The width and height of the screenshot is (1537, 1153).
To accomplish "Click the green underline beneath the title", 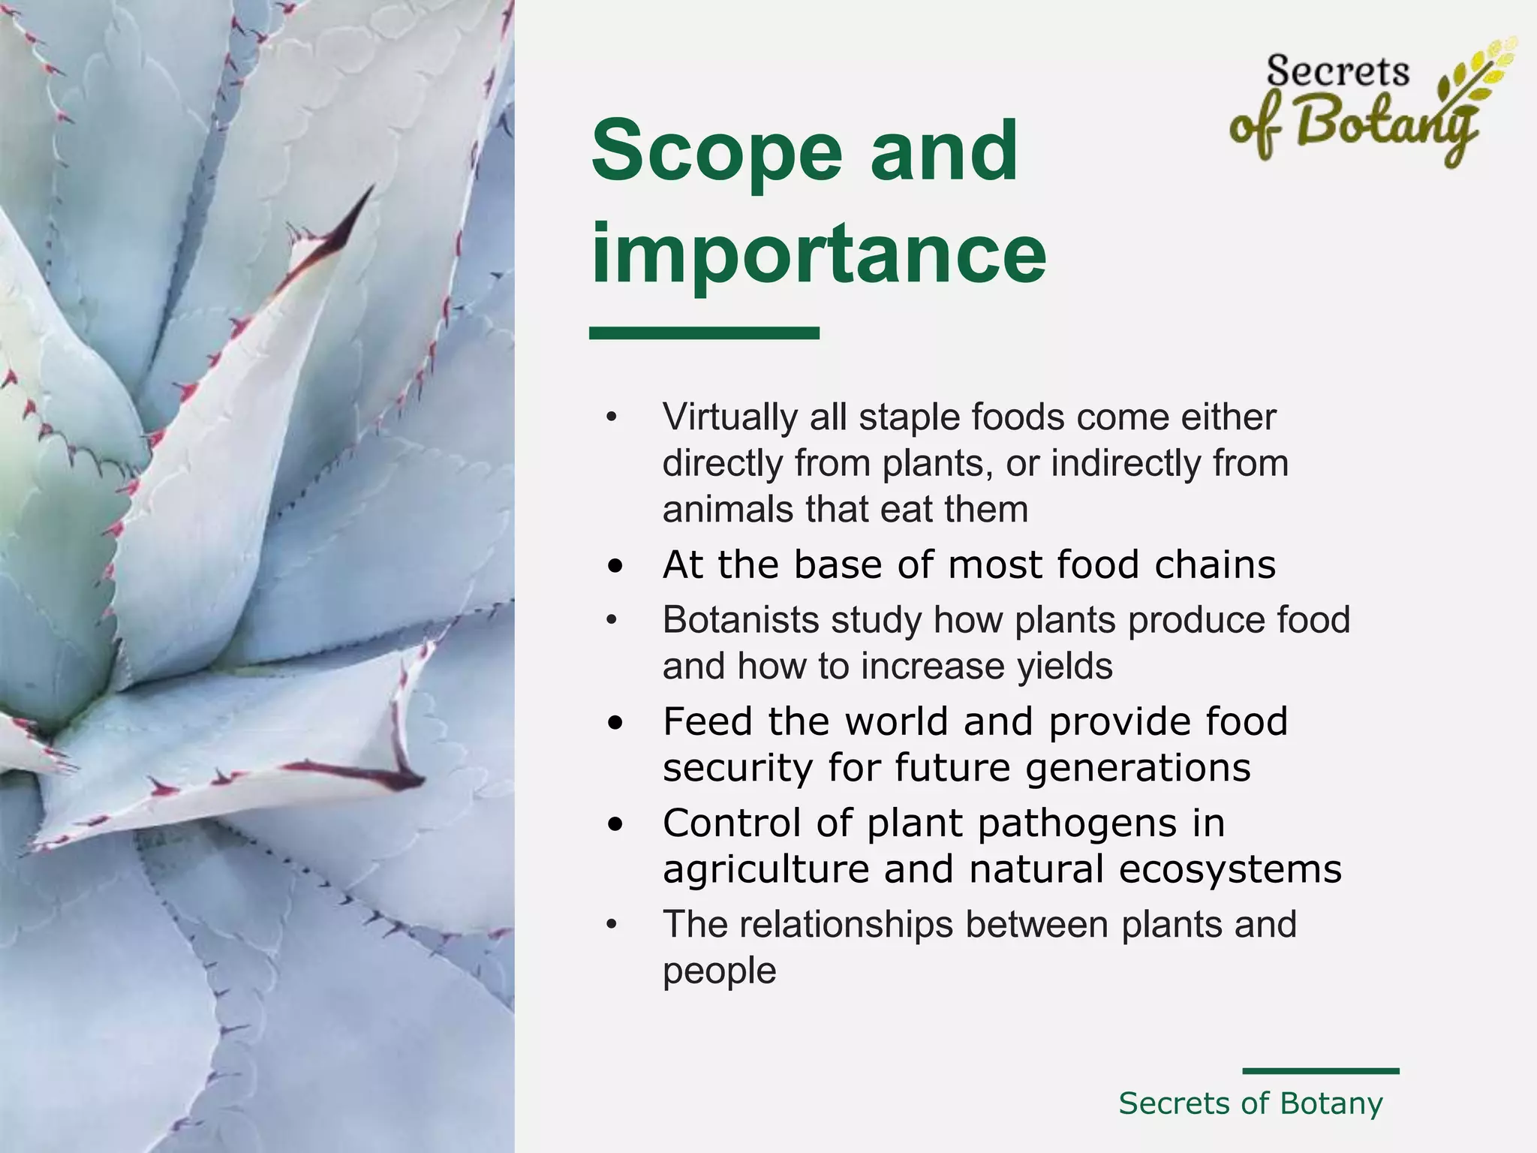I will click(x=704, y=333).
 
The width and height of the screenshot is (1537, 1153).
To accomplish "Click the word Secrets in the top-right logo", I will click(x=1337, y=72).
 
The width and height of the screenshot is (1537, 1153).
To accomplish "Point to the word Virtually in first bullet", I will click(x=729, y=417).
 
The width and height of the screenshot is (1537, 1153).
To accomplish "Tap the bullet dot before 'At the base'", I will click(x=615, y=567).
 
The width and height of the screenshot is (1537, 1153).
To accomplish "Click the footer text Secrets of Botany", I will click(x=1250, y=1103).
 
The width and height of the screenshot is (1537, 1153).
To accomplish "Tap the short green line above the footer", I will click(x=1320, y=1071).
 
